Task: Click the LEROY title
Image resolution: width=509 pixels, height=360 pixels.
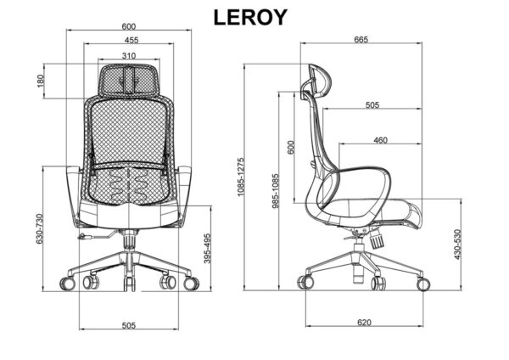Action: click(x=250, y=17)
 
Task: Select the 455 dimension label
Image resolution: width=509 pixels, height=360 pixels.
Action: click(x=131, y=40)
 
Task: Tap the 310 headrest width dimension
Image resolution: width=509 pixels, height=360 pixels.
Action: click(x=129, y=56)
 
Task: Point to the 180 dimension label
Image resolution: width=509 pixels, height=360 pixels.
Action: click(x=40, y=82)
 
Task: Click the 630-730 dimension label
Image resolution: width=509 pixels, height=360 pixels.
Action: click(x=39, y=228)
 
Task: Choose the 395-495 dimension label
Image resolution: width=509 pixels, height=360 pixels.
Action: click(x=208, y=248)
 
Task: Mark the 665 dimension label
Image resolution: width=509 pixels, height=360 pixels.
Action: click(x=361, y=40)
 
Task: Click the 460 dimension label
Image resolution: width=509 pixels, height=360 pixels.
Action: click(x=380, y=140)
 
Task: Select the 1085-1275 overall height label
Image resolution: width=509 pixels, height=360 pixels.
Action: click(x=241, y=177)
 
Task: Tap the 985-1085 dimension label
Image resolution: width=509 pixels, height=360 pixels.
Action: click(x=275, y=191)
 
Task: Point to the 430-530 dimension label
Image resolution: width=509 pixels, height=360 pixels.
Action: click(x=457, y=245)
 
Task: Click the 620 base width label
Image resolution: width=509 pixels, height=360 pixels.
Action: click(x=364, y=323)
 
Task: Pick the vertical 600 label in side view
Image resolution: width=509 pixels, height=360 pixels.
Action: click(x=291, y=147)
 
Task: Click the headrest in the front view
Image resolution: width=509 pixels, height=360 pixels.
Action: click(x=129, y=80)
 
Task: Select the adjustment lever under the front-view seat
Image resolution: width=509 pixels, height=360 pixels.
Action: click(x=98, y=235)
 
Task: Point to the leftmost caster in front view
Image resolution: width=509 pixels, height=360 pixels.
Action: click(x=68, y=284)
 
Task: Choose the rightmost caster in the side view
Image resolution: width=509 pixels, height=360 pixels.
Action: click(x=423, y=284)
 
